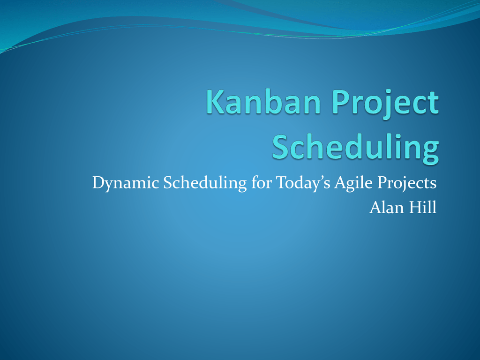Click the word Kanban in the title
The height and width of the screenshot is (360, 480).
pyautogui.click(x=263, y=102)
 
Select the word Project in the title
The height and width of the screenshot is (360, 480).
pyautogui.click(x=385, y=104)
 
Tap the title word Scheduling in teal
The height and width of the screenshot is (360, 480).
pyautogui.click(x=355, y=149)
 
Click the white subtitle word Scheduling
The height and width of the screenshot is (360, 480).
pyautogui.click(x=205, y=183)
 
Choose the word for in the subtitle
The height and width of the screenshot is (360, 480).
pyautogui.click(x=262, y=183)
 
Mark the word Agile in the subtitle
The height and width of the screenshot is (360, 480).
pyautogui.click(x=353, y=183)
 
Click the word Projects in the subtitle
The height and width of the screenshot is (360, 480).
pyautogui.click(x=407, y=183)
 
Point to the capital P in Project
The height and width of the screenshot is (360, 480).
pyautogui.click(x=341, y=102)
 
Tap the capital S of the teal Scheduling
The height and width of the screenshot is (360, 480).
pyautogui.click(x=281, y=146)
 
